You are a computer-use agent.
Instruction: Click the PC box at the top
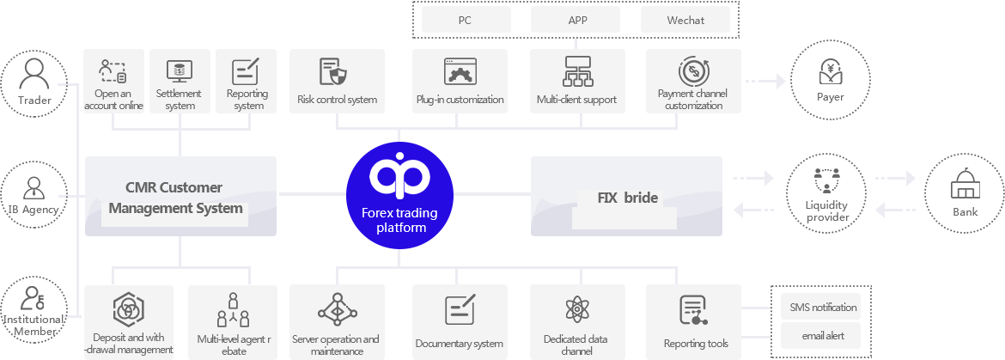pos(466,20)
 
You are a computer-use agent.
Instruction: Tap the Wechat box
pos(685,20)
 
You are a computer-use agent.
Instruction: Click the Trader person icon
pos(34,73)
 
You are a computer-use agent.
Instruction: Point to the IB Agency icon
pos(33,188)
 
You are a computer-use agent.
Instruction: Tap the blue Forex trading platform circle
pos(399,195)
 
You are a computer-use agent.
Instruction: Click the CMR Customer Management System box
pos(180,196)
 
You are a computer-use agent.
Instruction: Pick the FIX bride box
pos(626,196)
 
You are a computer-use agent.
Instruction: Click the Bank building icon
pos(965,186)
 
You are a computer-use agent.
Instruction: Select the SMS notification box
pos(820,307)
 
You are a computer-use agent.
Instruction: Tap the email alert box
pos(820,336)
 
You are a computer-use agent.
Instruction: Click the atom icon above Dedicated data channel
pos(576,310)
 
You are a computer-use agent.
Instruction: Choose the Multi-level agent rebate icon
pos(234,310)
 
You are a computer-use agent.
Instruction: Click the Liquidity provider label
pos(827,211)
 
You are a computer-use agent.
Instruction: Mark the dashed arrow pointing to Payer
pos(765,81)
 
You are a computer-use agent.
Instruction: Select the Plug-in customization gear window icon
pos(460,72)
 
